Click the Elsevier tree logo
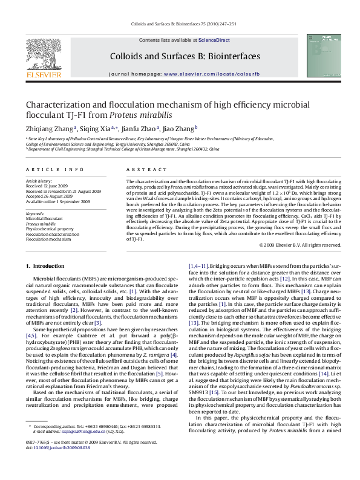tap(43, 56)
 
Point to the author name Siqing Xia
tap(100, 128)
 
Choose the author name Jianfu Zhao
tap(141, 128)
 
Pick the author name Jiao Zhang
tap(178, 128)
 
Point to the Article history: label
tap(39, 181)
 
